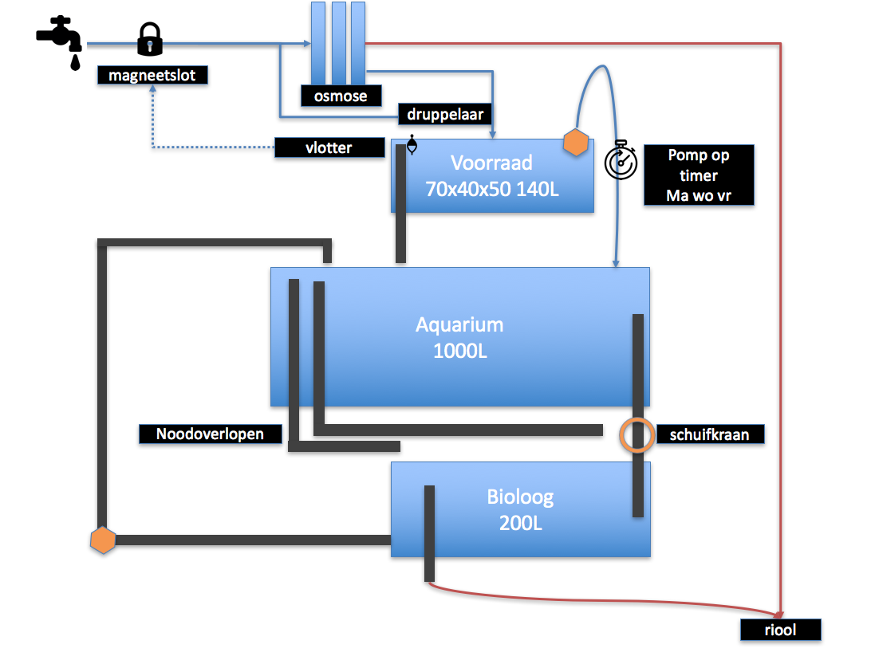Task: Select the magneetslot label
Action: pyautogui.click(x=152, y=76)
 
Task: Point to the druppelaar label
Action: pyautogui.click(x=445, y=115)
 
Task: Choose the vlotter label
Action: pyautogui.click(x=329, y=147)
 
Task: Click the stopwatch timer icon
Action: pyautogui.click(x=621, y=159)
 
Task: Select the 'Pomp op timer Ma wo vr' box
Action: pyautogui.click(x=699, y=175)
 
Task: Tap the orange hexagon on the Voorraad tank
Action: pyautogui.click(x=576, y=143)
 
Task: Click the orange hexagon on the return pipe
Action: pyautogui.click(x=104, y=540)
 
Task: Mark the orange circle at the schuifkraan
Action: pyautogui.click(x=637, y=434)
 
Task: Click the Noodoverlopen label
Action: pyautogui.click(x=211, y=434)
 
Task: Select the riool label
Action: pyautogui.click(x=779, y=630)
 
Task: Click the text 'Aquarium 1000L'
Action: pyautogui.click(x=459, y=337)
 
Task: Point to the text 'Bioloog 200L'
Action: pyautogui.click(x=520, y=510)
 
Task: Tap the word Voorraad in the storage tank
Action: pyautogui.click(x=491, y=163)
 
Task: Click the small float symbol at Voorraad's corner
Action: pyautogui.click(x=412, y=145)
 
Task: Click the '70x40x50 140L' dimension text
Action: pyautogui.click(x=491, y=189)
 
